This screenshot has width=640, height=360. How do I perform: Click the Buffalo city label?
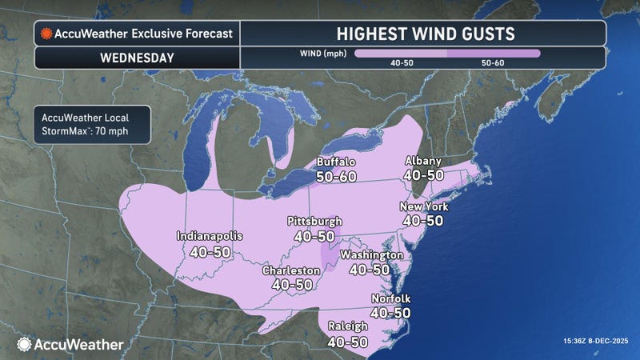pyautogui.click(x=336, y=160)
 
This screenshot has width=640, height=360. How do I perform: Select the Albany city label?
pyautogui.click(x=424, y=160)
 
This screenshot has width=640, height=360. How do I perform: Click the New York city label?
pyautogui.click(x=424, y=206)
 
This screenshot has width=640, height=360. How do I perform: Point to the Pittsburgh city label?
pyautogui.click(x=315, y=221)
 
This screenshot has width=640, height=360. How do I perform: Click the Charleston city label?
pyautogui.click(x=292, y=270)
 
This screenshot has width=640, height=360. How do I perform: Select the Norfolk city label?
pyautogui.click(x=391, y=299)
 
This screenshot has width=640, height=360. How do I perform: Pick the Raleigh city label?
pyautogui.click(x=348, y=326)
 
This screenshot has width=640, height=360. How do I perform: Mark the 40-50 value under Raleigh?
pyautogui.click(x=348, y=341)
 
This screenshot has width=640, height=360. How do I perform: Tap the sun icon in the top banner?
pyautogui.click(x=47, y=34)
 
